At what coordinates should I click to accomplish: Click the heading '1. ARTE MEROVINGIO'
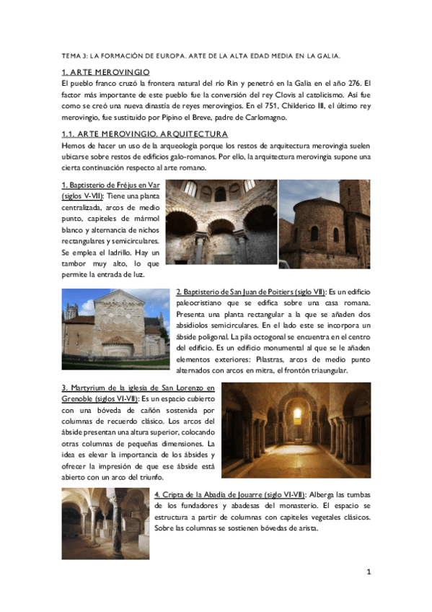(x=105, y=72)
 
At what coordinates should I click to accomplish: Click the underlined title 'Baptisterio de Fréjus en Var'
(x=113, y=185)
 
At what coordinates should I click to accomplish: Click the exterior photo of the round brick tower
(x=324, y=224)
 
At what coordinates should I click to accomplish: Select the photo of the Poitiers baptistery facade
(x=115, y=324)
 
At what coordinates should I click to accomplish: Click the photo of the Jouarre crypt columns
(x=105, y=523)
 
